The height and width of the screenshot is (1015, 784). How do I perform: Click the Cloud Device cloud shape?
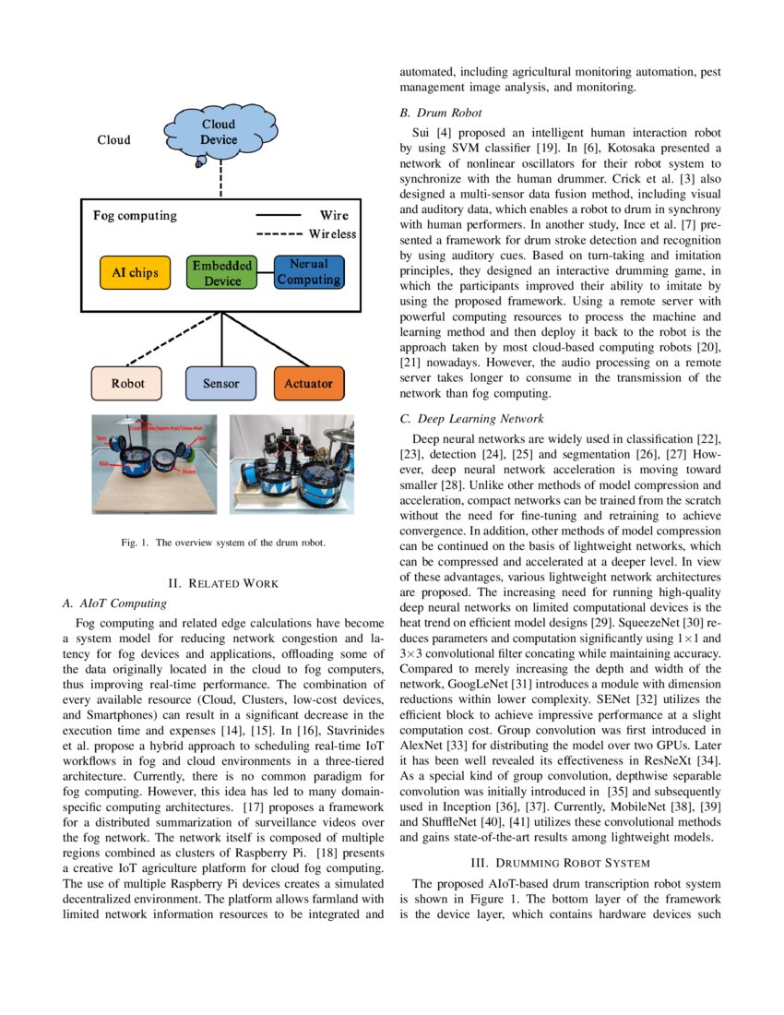[219, 135]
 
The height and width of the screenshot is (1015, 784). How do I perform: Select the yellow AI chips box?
[136, 273]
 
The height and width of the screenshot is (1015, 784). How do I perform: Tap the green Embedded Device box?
[222, 273]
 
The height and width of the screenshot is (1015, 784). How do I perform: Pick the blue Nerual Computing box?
[309, 272]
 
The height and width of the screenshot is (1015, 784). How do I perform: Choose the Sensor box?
[220, 383]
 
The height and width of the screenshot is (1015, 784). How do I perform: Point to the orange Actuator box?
[309, 383]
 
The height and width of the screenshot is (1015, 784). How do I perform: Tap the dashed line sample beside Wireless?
[280, 234]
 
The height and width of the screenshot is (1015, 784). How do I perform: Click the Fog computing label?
[135, 216]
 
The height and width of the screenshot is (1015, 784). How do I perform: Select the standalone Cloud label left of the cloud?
[113, 140]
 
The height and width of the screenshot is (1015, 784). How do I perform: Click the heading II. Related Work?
[221, 583]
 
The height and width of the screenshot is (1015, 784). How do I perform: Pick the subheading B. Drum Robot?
[440, 113]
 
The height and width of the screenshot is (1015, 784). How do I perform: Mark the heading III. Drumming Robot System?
[560, 863]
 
